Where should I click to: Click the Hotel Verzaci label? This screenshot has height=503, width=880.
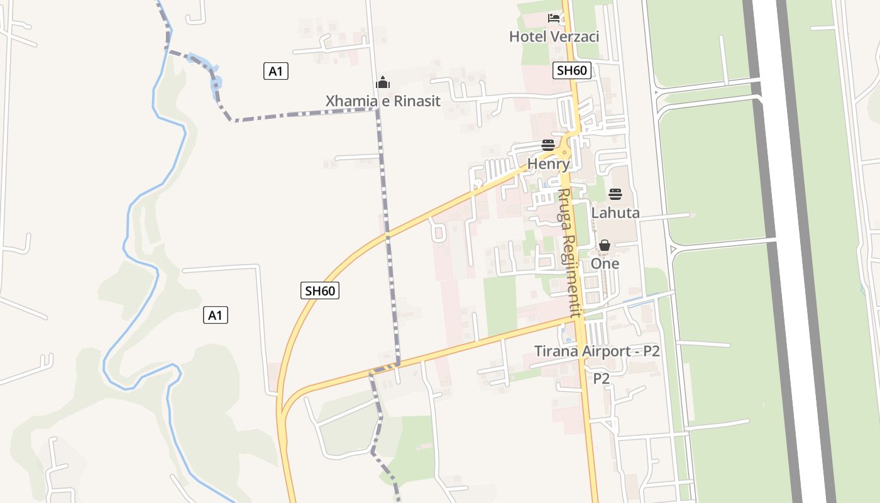tap(554, 36)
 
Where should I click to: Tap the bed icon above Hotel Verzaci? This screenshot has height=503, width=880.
tap(554, 18)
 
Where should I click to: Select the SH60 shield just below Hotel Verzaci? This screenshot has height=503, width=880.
tap(572, 70)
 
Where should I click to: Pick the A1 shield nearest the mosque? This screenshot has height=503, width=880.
tap(275, 72)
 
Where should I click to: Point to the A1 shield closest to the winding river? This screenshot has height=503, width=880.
tap(215, 315)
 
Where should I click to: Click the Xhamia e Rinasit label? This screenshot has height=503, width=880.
tap(383, 101)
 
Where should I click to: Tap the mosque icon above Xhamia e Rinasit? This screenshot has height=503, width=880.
tap(383, 82)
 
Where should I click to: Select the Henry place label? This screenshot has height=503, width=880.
tap(548, 164)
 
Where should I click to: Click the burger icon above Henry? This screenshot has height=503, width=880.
tap(548, 146)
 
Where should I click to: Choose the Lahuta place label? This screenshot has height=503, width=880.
tap(615, 213)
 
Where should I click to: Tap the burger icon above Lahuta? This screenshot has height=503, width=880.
tap(615, 194)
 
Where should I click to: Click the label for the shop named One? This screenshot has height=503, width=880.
tap(605, 263)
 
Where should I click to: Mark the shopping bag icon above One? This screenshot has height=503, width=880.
tap(605, 245)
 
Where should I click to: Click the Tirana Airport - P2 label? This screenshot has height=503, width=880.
tap(597, 351)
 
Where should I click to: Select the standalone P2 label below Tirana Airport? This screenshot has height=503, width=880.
tap(602, 379)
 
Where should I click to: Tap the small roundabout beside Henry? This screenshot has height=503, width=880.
tap(565, 152)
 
